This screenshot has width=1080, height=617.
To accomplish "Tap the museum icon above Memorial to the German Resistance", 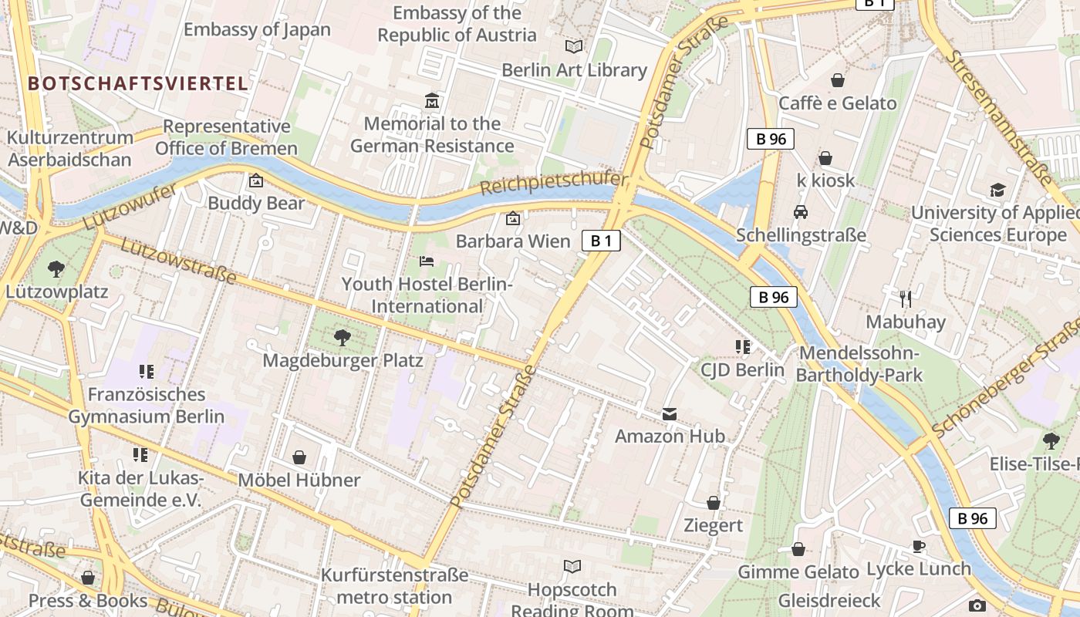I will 432,101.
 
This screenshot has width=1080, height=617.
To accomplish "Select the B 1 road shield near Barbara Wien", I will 601,241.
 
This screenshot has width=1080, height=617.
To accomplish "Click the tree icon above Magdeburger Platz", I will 342,337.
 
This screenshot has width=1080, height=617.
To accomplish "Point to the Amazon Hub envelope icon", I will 670,414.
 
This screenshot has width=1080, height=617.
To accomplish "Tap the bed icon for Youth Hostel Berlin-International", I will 427,261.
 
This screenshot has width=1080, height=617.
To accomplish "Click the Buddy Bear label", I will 256,204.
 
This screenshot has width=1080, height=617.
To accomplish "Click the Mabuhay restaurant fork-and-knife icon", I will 906,298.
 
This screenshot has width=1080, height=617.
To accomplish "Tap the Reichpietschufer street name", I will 553,183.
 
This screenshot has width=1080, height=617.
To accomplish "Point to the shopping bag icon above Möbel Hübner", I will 299,457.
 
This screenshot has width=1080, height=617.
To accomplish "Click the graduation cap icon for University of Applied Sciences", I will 997,190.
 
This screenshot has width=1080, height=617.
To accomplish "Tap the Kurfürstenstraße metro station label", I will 394,586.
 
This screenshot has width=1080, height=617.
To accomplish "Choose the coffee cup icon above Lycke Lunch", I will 918,546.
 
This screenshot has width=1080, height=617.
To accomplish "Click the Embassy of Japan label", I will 257,30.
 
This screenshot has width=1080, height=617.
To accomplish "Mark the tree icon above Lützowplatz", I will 56,269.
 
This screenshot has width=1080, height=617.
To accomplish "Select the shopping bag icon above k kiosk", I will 825,158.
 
